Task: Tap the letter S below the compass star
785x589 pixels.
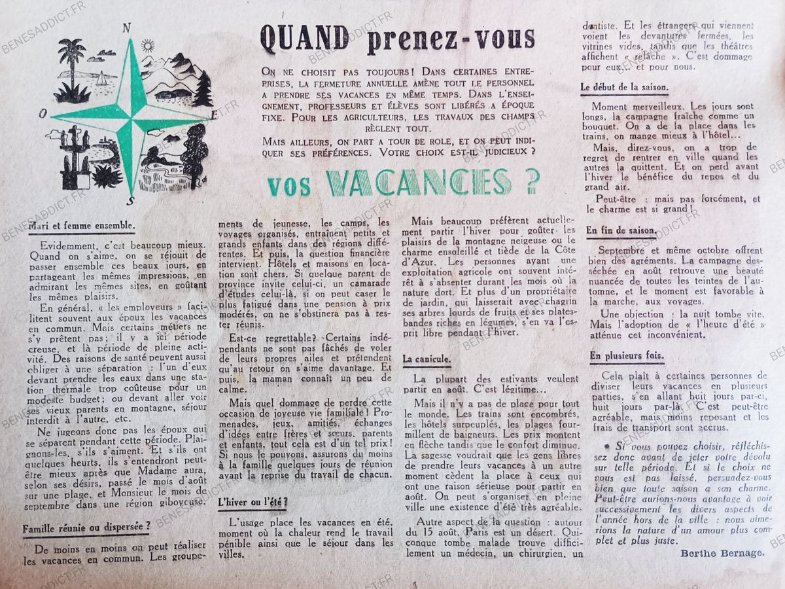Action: pyautogui.click(x=131, y=200)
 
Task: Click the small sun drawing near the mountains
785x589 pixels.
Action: pyautogui.click(x=147, y=45)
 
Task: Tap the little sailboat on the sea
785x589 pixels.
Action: pyautogui.click(x=102, y=79)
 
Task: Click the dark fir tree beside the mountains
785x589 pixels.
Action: pyautogui.click(x=204, y=89)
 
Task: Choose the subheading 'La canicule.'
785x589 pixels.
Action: pyautogui.click(x=427, y=359)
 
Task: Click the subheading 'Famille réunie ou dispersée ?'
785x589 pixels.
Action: pyautogui.click(x=88, y=526)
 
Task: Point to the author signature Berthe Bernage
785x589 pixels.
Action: pyautogui.click(x=722, y=553)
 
